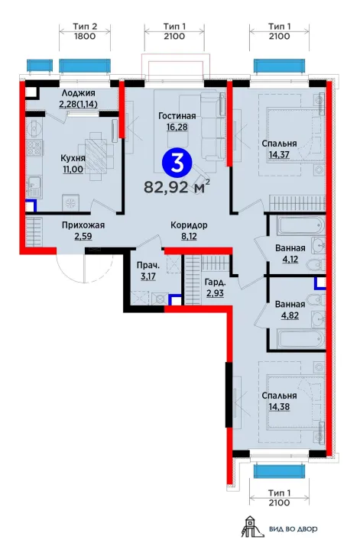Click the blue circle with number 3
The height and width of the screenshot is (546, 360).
point(177,163)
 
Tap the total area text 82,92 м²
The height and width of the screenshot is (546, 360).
point(177,186)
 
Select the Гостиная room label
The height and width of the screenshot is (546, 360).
point(177,116)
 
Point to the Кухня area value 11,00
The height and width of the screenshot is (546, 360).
point(73,170)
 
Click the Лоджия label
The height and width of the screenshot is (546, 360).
point(78,93)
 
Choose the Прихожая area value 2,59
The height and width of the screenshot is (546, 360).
point(83,237)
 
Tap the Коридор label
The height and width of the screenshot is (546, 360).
point(189,225)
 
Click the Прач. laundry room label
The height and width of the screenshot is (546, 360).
point(148,266)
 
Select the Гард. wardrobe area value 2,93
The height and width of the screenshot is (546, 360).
point(215,293)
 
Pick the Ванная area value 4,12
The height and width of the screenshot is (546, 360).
point(290,260)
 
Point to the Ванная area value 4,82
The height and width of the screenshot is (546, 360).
point(290,316)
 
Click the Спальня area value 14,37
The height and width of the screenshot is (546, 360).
point(279,154)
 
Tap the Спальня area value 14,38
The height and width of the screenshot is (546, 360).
point(279,407)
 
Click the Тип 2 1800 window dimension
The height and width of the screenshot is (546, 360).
point(85,31)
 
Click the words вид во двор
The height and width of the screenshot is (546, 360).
point(293,529)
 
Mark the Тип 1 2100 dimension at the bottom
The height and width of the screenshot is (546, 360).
point(279,498)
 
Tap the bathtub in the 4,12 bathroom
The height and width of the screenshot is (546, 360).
point(300,226)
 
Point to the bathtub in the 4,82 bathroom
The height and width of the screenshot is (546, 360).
point(300,340)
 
